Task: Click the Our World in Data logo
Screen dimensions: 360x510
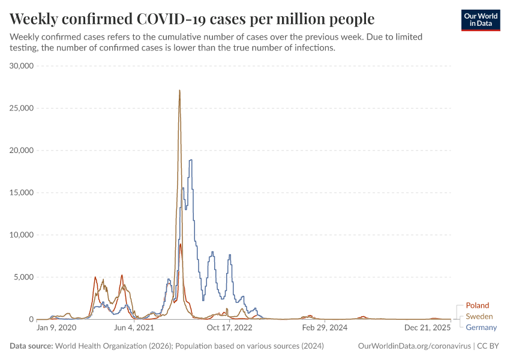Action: (x=480, y=20)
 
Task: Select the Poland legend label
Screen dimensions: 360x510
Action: (x=477, y=305)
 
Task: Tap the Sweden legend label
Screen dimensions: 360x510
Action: (x=479, y=316)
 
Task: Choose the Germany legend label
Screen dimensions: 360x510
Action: (x=481, y=327)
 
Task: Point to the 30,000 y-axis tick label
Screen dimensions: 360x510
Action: (x=22, y=66)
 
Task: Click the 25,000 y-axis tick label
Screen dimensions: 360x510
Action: (x=22, y=108)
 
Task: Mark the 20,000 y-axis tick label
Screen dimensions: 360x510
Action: (x=22, y=151)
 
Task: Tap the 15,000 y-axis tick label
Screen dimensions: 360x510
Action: (x=22, y=193)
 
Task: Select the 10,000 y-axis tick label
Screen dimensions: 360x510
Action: (x=22, y=235)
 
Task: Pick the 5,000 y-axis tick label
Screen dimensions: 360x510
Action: (x=24, y=277)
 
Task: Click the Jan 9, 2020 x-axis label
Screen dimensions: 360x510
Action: (x=56, y=328)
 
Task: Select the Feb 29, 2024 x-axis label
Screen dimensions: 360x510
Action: (x=325, y=328)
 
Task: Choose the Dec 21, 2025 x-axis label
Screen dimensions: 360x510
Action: (x=427, y=328)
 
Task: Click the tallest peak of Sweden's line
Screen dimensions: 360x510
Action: (x=179, y=91)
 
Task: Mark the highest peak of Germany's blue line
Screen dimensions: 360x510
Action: (x=191, y=160)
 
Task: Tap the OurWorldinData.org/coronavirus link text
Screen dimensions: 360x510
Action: (x=413, y=346)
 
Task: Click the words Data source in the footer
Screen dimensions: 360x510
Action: (x=31, y=346)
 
